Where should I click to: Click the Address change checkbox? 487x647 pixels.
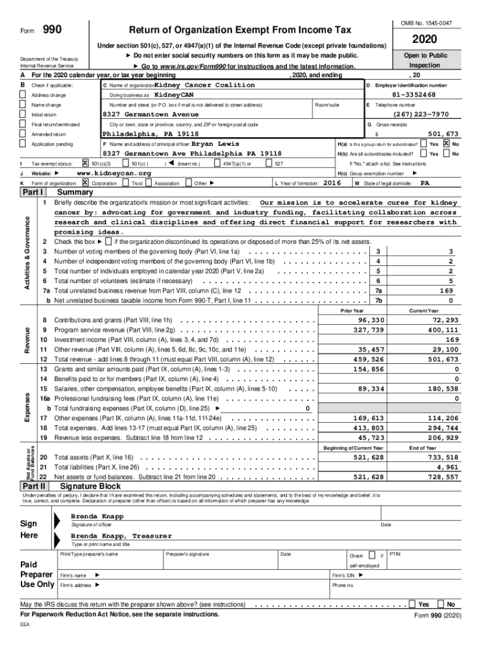click(x=24, y=95)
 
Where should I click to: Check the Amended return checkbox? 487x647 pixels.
click(x=24, y=135)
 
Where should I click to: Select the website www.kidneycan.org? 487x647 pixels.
click(x=114, y=173)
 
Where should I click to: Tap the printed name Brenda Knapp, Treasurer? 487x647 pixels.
click(x=121, y=536)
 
